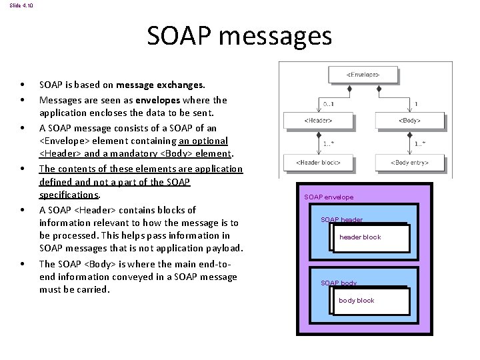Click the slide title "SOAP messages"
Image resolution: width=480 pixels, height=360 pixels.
[x=239, y=36]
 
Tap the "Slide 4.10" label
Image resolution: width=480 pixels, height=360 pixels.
[x=21, y=5]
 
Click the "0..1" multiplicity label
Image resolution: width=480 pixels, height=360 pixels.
[x=328, y=104]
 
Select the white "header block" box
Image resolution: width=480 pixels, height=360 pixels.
[x=369, y=237]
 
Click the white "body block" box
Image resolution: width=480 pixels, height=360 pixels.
[x=369, y=301]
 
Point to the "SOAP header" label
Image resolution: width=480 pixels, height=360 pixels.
[x=341, y=219]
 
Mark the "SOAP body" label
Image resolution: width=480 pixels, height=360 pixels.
[x=339, y=283]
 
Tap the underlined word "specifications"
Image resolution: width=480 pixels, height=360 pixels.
[x=69, y=195]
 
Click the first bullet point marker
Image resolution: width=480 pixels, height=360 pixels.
[x=23, y=85]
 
